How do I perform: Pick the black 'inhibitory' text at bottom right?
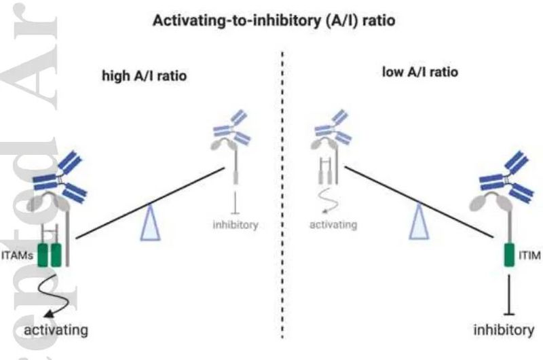click(504, 331)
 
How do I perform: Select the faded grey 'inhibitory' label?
click(236, 225)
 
